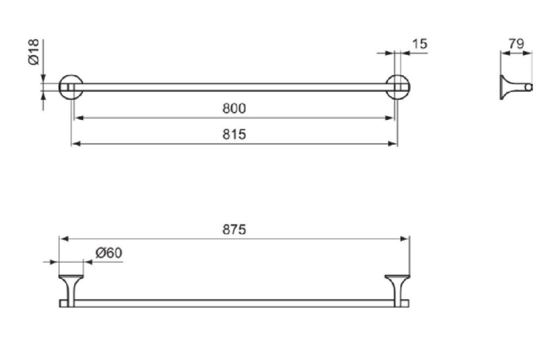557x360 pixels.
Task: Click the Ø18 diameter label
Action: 33,52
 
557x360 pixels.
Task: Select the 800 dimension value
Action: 234,108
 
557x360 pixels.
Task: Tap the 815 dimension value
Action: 234,134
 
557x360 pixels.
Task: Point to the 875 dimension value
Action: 234,229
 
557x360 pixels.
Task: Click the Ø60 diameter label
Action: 109,253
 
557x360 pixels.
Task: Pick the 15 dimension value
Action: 419,44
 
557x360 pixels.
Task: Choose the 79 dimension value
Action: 516,44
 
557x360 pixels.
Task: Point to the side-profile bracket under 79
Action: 511,87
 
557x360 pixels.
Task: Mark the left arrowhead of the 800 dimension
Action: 78,117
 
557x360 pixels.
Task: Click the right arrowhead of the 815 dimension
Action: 393,144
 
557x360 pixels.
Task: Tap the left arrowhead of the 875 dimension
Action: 64,239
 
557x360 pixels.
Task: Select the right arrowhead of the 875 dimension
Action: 405,239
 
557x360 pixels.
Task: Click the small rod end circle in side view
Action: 529,87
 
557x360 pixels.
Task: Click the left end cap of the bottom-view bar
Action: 63,303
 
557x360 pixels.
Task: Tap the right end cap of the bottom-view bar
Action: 405,303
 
